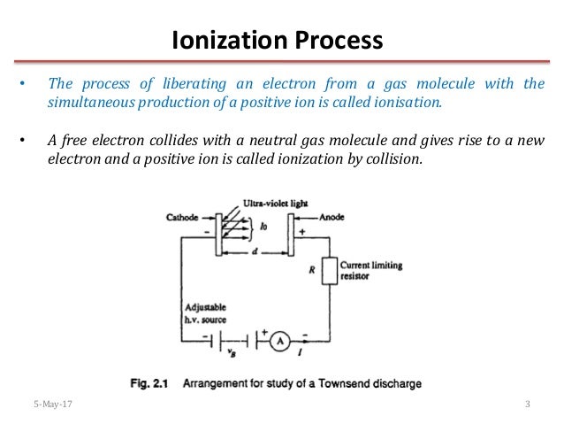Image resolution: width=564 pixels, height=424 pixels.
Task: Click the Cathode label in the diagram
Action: coord(181,216)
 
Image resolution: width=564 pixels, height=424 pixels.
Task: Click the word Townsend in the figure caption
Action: coord(348,383)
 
